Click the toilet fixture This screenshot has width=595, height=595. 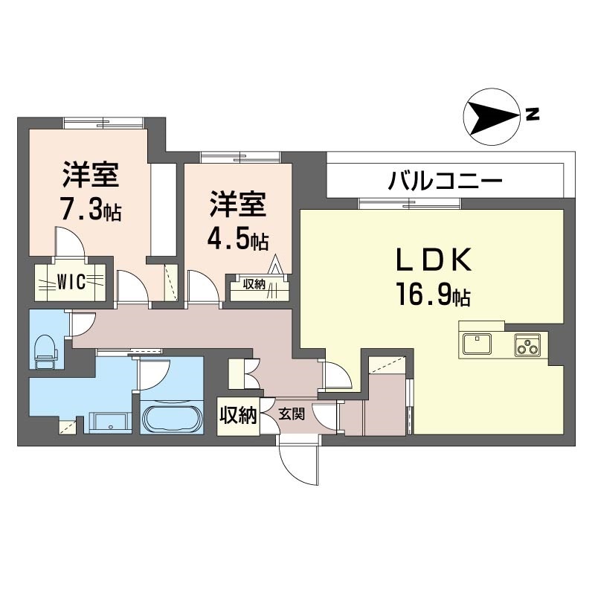click(x=45, y=351)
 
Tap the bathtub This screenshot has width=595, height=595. click(x=172, y=419)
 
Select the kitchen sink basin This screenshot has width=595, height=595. click(x=477, y=344)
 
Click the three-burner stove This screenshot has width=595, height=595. click(x=527, y=344)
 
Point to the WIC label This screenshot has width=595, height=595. click(x=71, y=282)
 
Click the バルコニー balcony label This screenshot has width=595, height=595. click(x=445, y=180)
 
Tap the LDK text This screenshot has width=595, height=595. click(x=434, y=260)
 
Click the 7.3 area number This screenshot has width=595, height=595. click(x=92, y=210)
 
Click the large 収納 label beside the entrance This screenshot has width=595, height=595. click(x=238, y=416)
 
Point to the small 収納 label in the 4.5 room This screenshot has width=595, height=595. click(x=254, y=284)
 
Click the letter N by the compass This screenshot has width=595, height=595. click(x=533, y=115)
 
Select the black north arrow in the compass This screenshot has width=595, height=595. click(x=492, y=117)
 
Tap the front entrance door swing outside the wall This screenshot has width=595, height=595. click(x=298, y=463)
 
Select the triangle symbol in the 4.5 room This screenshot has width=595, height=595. click(x=275, y=265)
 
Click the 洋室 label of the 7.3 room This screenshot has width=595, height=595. click(x=91, y=175)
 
